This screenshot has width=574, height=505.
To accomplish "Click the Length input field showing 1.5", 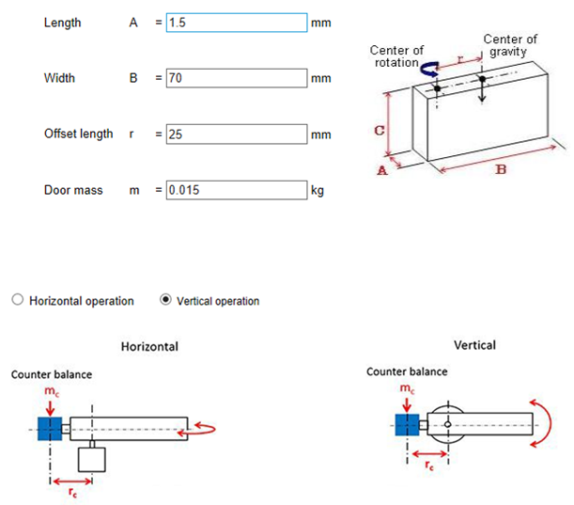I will pyautogui.click(x=236, y=23).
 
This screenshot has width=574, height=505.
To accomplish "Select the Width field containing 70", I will pyautogui.click(x=236, y=78).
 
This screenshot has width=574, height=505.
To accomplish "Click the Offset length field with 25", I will pyautogui.click(x=236, y=134).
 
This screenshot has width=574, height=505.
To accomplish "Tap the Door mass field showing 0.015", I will pyautogui.click(x=236, y=190).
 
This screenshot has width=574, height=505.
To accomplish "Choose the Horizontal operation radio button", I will pyautogui.click(x=18, y=300).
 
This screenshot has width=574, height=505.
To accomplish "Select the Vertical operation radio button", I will pyautogui.click(x=165, y=300).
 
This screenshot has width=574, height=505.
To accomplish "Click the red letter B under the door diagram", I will pyautogui.click(x=501, y=170).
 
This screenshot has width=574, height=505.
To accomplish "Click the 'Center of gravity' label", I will pyautogui.click(x=510, y=45).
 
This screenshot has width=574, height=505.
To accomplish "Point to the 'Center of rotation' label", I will pyautogui.click(x=397, y=56).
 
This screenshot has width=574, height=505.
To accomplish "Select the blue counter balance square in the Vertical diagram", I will pyautogui.click(x=407, y=426).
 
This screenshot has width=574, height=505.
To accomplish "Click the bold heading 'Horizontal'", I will pyautogui.click(x=149, y=346).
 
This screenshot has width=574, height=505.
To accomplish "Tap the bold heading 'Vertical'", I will pyautogui.click(x=474, y=345).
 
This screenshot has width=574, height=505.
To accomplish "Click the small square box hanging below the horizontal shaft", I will pyautogui.click(x=92, y=459).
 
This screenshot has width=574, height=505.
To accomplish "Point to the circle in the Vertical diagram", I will pyautogui.click(x=449, y=426).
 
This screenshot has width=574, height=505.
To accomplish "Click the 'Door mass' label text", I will pyautogui.click(x=73, y=190).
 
